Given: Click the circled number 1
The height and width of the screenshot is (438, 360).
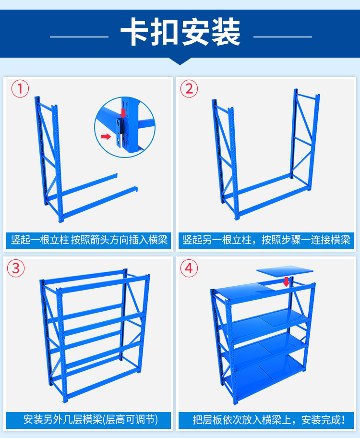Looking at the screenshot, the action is click(x=20, y=89).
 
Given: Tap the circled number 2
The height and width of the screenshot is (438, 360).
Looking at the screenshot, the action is click(x=189, y=89).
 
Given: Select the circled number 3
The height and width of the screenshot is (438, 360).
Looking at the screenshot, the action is click(x=16, y=268).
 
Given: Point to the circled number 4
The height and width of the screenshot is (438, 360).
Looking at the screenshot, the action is click(x=189, y=268).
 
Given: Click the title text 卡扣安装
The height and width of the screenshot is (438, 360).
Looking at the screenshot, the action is click(x=180, y=32).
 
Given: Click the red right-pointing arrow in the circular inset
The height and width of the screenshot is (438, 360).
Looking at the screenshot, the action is click(x=106, y=136).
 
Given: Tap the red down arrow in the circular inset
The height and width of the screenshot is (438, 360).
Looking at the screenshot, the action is click(x=123, y=113).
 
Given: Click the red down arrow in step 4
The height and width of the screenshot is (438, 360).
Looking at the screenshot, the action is click(x=286, y=282).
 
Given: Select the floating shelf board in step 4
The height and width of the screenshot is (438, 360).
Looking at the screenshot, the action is click(x=285, y=271).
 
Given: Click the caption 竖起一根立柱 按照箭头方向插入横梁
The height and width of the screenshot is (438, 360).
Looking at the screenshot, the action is click(x=89, y=240).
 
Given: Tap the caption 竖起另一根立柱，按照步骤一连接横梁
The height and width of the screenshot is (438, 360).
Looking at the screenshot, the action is click(x=266, y=240).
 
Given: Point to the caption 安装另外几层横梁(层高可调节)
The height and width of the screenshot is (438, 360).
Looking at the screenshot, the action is click(x=91, y=420).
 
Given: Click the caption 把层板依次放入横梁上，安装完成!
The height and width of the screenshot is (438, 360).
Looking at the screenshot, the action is click(x=269, y=420).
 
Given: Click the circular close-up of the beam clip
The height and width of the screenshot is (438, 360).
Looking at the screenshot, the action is click(x=125, y=127).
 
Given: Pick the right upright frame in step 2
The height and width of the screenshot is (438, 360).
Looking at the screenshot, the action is click(x=304, y=140).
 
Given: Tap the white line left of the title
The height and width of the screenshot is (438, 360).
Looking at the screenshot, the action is click(x=79, y=36).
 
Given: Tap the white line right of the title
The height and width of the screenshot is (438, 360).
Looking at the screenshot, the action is click(x=283, y=36).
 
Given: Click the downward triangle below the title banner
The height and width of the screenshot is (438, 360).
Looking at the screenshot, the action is click(x=180, y=61).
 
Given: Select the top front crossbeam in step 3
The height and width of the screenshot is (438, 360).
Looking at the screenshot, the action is click(x=103, y=283).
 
